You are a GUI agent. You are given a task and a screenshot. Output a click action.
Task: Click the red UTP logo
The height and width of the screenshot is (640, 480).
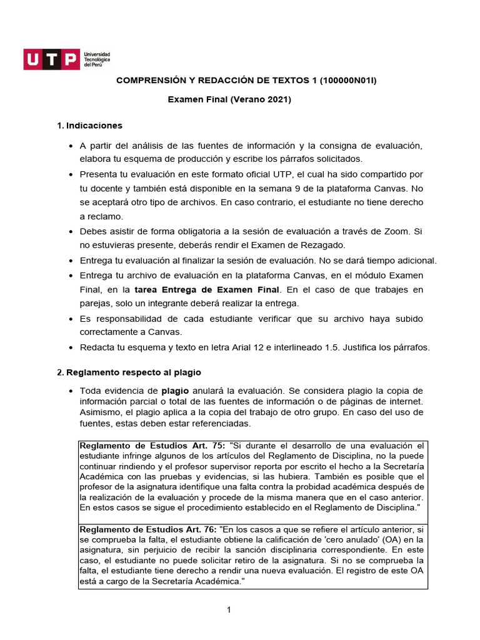[52, 59]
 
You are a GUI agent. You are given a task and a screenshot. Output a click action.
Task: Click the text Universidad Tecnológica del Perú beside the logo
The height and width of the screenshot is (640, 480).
[97, 60]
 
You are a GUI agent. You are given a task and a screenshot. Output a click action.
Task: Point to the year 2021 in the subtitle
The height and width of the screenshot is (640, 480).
[280, 99]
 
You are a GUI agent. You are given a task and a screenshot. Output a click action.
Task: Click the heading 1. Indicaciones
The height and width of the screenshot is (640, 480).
[89, 126]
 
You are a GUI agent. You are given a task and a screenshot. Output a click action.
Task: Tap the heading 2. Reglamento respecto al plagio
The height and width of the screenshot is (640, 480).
[129, 372]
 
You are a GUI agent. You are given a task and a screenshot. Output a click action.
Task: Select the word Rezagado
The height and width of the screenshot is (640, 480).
[317, 244]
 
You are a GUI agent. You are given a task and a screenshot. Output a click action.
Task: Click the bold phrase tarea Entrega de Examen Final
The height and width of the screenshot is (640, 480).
[207, 289]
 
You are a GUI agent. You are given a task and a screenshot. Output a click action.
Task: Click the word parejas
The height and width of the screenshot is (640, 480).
[94, 303]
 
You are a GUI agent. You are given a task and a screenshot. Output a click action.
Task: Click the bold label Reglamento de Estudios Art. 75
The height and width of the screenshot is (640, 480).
[152, 446]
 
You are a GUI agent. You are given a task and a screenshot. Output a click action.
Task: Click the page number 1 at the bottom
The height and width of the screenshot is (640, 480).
[229, 611]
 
